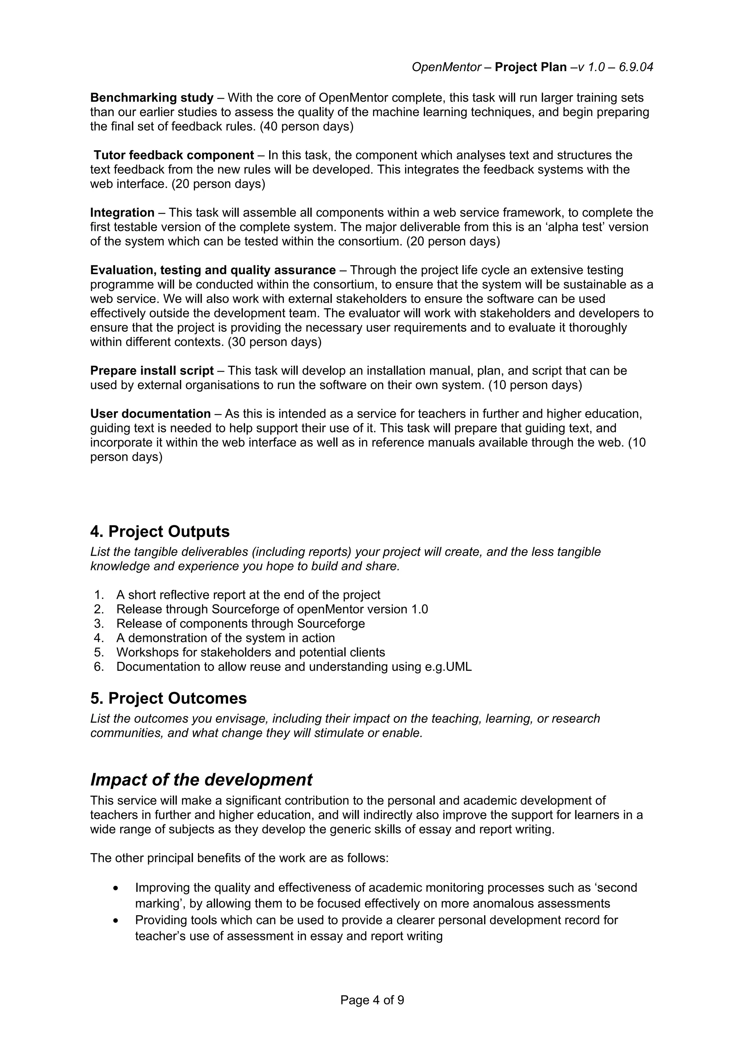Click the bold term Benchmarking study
(x=152, y=98)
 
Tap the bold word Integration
(x=122, y=213)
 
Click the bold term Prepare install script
(x=152, y=370)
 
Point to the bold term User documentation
(x=150, y=414)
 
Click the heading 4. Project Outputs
(x=159, y=531)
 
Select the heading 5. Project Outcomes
(x=168, y=698)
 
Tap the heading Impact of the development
(x=201, y=779)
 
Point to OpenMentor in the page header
(x=446, y=68)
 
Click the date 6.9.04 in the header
(x=636, y=68)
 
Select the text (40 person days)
(x=307, y=126)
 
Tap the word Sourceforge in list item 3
(x=331, y=624)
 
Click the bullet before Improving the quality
(x=116, y=888)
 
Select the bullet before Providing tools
(x=116, y=921)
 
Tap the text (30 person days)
(x=274, y=342)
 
